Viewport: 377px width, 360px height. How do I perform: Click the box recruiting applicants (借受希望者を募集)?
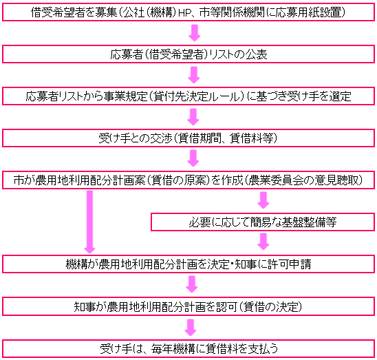188,12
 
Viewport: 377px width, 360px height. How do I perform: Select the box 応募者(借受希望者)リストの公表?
188,54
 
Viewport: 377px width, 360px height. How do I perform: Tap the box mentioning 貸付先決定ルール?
188,96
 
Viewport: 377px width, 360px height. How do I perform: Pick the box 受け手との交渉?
188,138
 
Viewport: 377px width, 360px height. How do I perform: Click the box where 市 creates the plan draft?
188,180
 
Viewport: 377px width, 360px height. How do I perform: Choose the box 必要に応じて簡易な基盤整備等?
263,222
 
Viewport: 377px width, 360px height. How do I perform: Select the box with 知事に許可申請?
188,264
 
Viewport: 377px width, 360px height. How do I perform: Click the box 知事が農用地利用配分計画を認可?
188,306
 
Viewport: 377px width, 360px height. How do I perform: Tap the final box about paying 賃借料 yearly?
188,349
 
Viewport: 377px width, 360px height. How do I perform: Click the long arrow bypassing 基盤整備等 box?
89,222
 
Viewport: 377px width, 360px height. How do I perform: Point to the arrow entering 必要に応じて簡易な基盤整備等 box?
263,200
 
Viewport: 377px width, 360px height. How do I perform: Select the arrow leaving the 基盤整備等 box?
263,242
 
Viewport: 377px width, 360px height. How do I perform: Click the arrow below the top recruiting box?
195,33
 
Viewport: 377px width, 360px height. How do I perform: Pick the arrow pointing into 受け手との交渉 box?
193,117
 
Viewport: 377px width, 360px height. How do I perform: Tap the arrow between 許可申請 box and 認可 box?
192,284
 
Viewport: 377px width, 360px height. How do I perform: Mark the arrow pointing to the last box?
191,328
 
